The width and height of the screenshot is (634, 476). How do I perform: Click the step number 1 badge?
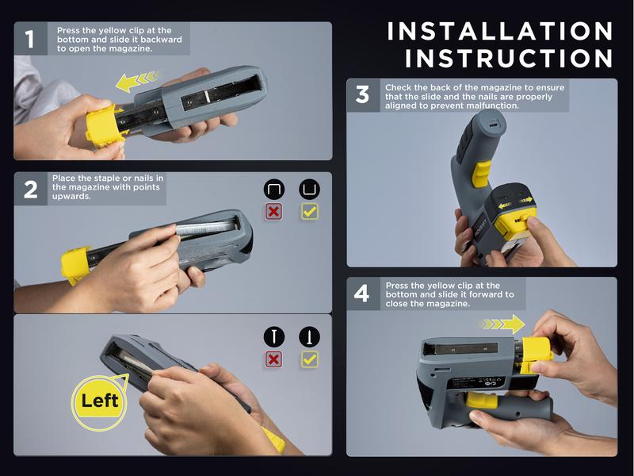(x=30, y=39)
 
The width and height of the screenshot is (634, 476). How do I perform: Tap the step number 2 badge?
(x=30, y=190)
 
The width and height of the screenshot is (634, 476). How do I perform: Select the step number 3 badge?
(x=362, y=95)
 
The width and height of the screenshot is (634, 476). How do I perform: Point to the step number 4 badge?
(x=362, y=294)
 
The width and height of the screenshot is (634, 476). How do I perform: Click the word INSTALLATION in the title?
(x=500, y=31)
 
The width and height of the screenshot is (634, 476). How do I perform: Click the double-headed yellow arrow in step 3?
(x=513, y=204)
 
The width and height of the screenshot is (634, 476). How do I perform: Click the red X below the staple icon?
(x=274, y=213)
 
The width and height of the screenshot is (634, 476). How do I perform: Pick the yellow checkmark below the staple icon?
(x=309, y=213)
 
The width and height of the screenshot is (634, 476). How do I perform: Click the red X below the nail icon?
(x=274, y=359)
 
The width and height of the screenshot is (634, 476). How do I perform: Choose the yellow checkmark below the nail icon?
(x=309, y=359)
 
